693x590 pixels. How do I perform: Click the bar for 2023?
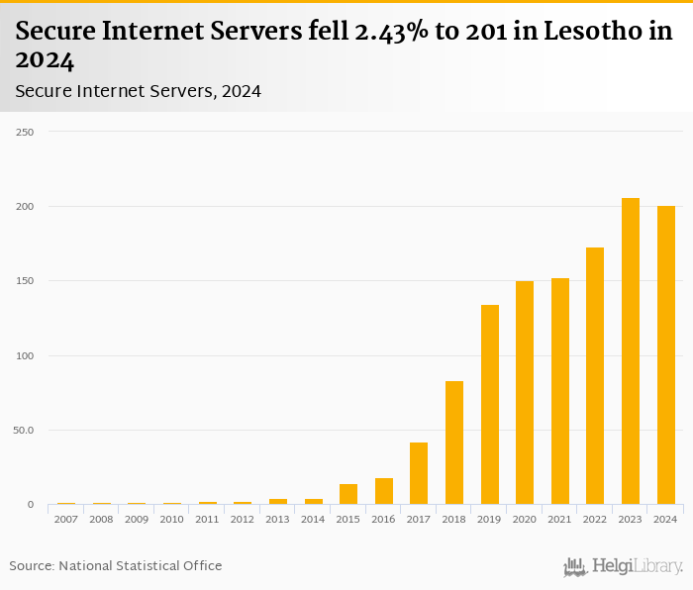(631, 351)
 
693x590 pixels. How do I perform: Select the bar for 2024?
(665, 355)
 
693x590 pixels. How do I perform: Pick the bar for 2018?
(454, 442)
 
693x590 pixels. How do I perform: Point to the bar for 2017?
(419, 473)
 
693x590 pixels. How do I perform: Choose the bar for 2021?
(560, 391)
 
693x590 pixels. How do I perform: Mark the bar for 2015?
(348, 494)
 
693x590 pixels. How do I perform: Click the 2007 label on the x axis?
(66, 519)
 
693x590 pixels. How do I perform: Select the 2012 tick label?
(243, 519)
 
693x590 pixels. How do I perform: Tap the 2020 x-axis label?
(525, 519)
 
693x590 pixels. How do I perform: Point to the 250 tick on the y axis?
(25, 132)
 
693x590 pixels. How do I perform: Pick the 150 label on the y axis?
(25, 281)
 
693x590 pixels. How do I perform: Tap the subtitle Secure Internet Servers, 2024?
(139, 91)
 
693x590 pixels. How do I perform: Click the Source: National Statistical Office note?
(116, 565)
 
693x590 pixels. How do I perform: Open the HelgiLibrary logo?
(624, 566)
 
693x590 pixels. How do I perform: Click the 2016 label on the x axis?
(384, 519)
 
